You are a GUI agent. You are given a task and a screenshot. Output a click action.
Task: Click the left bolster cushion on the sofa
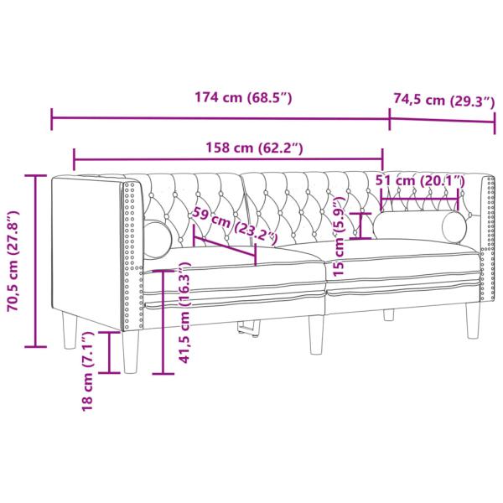[x=157, y=238]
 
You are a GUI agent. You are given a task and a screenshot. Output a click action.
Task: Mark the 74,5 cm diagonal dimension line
[x=443, y=117]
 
